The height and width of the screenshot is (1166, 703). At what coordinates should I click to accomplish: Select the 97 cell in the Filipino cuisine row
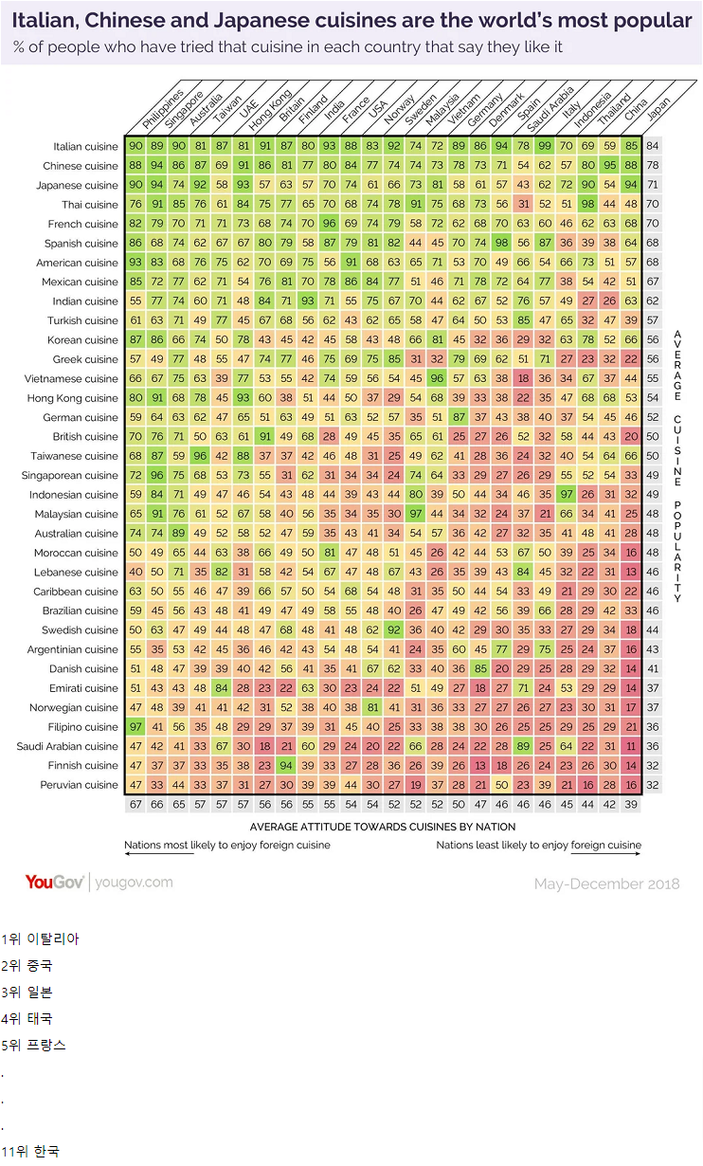[135, 727]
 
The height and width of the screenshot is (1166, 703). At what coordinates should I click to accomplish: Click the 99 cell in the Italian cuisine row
[544, 146]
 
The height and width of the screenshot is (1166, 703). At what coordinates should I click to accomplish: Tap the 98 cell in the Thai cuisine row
[587, 205]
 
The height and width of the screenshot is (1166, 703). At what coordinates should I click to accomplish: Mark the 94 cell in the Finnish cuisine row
[286, 766]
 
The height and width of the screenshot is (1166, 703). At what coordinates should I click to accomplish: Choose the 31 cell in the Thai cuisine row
[522, 205]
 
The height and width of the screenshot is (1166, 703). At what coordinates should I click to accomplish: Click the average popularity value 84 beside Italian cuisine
[653, 146]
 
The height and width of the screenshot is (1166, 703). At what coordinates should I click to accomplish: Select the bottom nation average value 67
[135, 804]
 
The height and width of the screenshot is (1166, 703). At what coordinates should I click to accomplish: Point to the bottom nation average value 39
[631, 804]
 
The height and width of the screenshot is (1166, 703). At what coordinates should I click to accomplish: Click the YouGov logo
[55, 883]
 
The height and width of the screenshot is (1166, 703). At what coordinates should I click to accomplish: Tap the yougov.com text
[135, 883]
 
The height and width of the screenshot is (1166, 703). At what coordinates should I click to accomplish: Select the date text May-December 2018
[606, 884]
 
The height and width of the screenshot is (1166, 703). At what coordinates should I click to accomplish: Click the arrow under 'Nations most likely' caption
[158, 854]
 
